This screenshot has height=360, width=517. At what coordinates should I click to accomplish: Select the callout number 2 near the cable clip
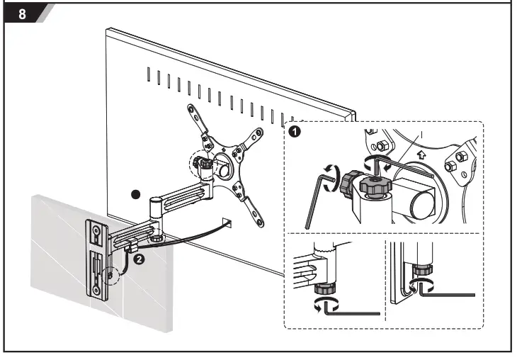click(x=140, y=259)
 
